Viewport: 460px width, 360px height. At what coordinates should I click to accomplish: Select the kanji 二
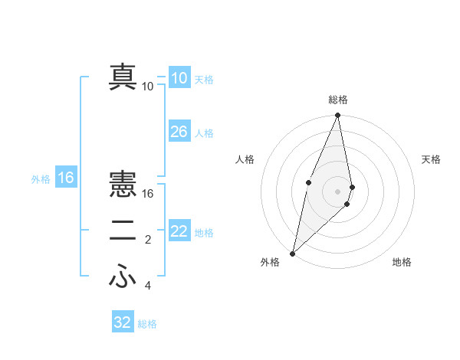(123, 232)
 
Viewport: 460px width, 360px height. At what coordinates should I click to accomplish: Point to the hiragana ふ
(123, 277)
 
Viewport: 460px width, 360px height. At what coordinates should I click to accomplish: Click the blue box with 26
(179, 132)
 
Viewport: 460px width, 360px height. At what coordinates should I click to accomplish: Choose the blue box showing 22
(179, 232)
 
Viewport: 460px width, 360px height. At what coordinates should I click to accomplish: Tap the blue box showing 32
(123, 322)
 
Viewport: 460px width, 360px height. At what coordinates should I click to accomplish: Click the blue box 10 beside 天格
(179, 78)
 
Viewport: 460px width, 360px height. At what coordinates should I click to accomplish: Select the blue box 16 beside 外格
(66, 178)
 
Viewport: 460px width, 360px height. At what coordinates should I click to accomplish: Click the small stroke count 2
(148, 241)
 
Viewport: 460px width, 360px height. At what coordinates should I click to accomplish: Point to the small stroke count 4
(148, 286)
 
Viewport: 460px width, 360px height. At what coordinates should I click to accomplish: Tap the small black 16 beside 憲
(148, 194)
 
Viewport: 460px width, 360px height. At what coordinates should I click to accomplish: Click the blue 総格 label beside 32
(147, 324)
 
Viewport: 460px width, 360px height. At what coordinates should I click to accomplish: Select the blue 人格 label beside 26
(204, 133)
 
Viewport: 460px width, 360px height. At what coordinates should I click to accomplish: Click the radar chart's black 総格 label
(338, 100)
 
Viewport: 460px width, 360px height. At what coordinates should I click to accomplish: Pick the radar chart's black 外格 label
(270, 262)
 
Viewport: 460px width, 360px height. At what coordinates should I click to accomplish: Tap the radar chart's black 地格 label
(402, 262)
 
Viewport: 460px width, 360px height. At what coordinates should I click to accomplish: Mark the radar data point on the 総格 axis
(338, 116)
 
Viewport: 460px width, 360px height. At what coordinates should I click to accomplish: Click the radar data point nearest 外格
(293, 253)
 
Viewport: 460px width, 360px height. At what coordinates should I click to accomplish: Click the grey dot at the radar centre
(338, 191)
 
